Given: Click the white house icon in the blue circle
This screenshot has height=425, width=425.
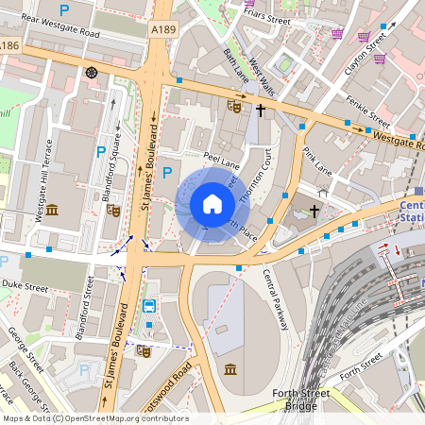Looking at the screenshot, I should click(212, 204).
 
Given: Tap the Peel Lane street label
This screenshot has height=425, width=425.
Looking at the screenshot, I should click(221, 163).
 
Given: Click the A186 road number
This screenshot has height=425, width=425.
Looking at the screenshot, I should click(9, 45).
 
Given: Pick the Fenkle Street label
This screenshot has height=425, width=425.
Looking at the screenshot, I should click(367, 111).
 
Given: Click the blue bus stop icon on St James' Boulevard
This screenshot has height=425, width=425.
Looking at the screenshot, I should click(149, 305).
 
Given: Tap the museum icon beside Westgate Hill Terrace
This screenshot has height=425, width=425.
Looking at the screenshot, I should click(52, 209).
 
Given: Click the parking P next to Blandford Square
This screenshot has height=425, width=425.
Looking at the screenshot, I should click(101, 151).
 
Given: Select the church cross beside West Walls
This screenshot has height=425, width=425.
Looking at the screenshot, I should click(261, 110).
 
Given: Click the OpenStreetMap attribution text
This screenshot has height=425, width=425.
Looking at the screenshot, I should click(94, 418).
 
